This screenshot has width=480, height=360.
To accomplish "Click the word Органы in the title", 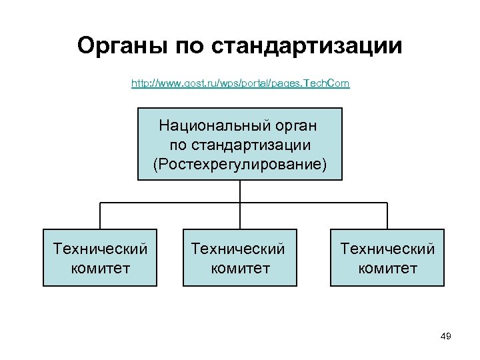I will pos(123,47).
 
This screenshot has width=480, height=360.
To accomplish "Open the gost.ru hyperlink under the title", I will pos(240,84).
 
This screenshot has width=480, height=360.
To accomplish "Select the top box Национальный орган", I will pos(240,144).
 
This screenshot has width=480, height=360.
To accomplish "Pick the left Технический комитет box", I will pos(100,258).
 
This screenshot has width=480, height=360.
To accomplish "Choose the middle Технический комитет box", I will pos(240,258).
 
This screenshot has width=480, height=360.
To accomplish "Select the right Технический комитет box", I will pos(387,258).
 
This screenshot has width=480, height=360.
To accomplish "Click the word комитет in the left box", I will pos(100,269).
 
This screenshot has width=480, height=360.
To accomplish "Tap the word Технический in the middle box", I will pos(238,249).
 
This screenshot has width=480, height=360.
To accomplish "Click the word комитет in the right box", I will pos(387,269).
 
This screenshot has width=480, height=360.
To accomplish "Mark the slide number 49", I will pos(446,337).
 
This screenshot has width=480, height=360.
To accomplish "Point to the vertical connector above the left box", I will pos(100,215).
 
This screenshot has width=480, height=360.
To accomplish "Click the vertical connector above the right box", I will pos(387,215).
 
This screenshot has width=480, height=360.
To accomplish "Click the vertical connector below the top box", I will pos(240,191).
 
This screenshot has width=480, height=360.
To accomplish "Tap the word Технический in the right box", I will pos(387,249).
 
